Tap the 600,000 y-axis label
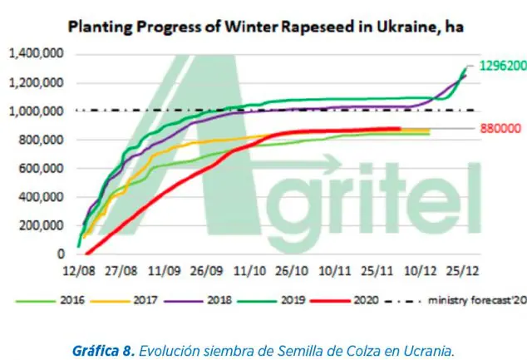coord(42,169)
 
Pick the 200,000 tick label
coord(42,225)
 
